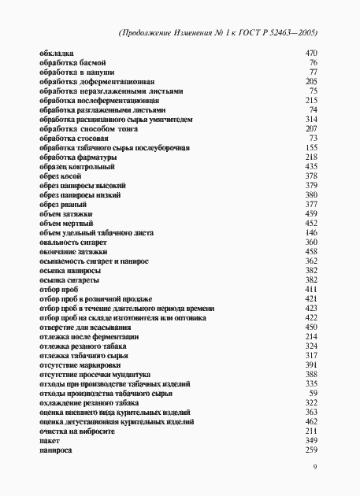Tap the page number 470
coord(310,53)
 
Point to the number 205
coord(310,81)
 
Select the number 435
coord(310,167)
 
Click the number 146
coord(310,233)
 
